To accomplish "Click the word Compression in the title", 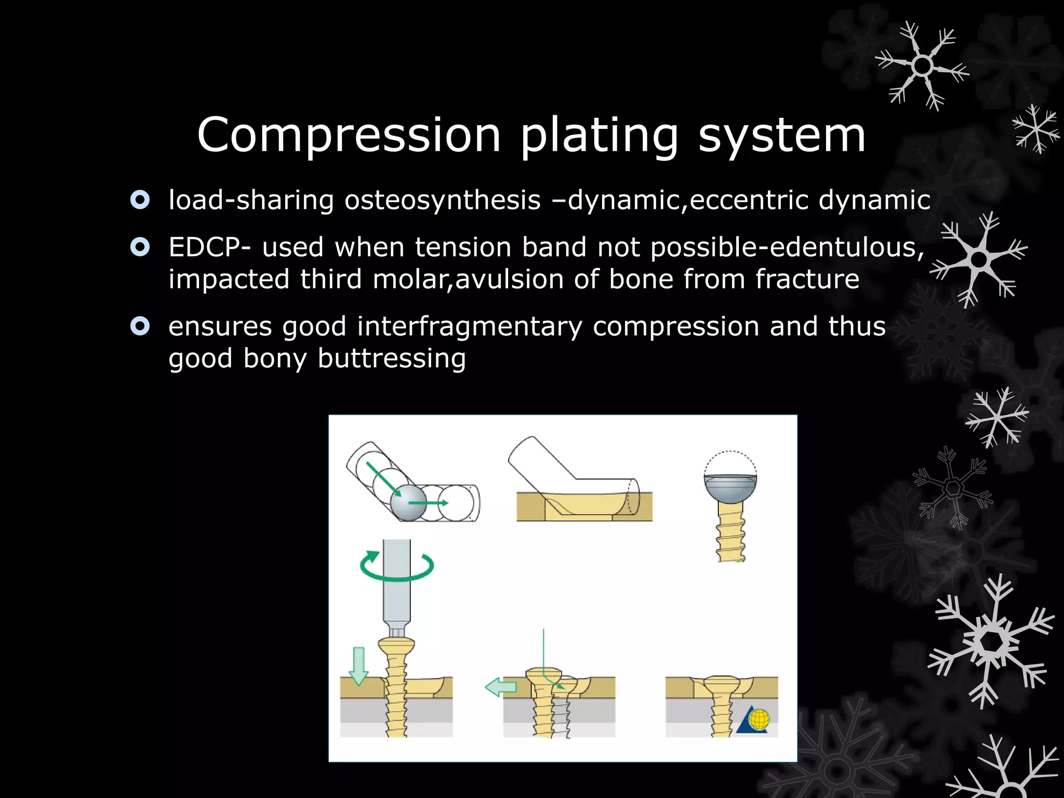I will click(x=349, y=135).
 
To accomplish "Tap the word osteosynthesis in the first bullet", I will click(x=442, y=201).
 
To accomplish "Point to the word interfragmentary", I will click(x=470, y=327).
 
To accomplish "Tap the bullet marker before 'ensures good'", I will click(x=140, y=326).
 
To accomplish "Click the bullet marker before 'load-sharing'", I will click(x=140, y=200).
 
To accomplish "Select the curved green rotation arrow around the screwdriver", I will click(x=397, y=566).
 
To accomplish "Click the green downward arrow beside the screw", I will click(x=358, y=666).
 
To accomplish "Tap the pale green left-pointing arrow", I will click(x=501, y=687).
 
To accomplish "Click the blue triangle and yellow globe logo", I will click(x=754, y=720).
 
